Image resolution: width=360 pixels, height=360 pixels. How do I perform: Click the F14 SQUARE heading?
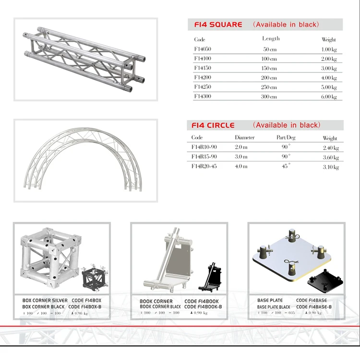[218, 24]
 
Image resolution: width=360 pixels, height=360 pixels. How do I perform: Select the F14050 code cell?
[203, 49]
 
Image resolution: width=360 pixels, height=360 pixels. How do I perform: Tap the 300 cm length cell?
[269, 96]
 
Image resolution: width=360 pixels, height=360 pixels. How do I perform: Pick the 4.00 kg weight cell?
[329, 78]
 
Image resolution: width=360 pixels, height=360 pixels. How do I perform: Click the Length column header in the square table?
[271, 38]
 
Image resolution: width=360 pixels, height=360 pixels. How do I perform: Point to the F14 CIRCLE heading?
[213, 125]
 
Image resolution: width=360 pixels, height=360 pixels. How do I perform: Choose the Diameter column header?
[245, 138]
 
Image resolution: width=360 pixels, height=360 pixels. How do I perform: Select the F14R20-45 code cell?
[204, 166]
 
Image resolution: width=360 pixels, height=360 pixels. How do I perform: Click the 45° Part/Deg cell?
[286, 166]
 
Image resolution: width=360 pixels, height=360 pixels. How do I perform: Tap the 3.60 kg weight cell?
[331, 157]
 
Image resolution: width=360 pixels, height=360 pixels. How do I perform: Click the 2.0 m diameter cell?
[241, 147]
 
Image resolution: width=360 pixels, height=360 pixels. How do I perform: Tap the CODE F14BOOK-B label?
[203, 307]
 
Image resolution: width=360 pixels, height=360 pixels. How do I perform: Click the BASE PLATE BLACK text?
[274, 307]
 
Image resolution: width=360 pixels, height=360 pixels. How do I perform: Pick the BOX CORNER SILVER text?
[45, 300]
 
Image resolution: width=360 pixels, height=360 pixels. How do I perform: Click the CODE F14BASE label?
[312, 300]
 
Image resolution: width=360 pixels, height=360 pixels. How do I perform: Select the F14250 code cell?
[203, 87]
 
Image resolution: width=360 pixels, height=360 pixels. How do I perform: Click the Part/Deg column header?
[286, 138]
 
